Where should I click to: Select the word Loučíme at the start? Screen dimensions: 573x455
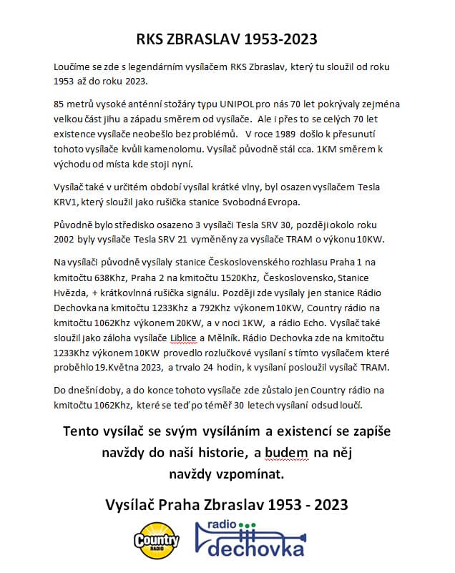coord(73,67)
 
